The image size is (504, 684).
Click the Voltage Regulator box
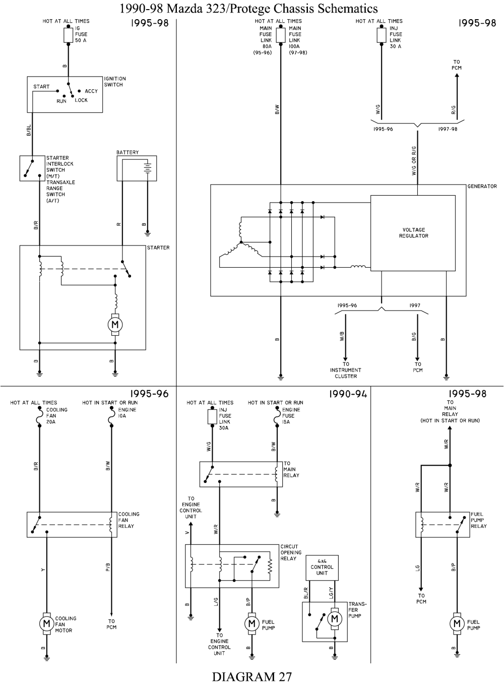click(413, 233)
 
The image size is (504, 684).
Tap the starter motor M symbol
click(115, 323)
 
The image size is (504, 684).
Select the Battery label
click(128, 152)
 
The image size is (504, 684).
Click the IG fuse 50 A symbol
click(68, 35)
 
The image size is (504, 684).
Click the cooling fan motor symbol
click(46, 624)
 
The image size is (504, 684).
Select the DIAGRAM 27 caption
click(251, 676)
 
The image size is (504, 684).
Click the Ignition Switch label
click(115, 82)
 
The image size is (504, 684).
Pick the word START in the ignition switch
click(41, 87)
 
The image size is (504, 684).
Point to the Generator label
click(482, 186)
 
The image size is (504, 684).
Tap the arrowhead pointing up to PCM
click(457, 76)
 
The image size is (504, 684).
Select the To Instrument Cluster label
click(346, 370)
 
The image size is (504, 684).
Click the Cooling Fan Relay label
click(129, 520)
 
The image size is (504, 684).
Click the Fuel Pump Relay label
click(479, 520)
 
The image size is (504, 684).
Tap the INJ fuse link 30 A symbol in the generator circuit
click(382, 35)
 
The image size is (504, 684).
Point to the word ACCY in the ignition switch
click(91, 91)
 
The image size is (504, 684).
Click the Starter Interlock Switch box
click(32, 168)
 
